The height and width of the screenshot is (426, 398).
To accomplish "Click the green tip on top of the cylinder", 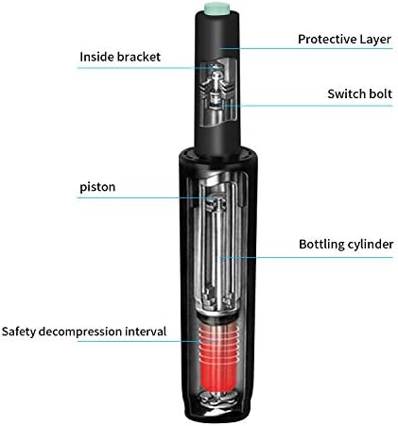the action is (x=220, y=8).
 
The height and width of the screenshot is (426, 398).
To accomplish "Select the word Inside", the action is (x=96, y=57).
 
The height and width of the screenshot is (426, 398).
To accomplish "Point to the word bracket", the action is (x=139, y=57).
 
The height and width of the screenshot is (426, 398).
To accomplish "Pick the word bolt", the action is (x=380, y=94).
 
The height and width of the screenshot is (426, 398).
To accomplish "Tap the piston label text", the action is (x=97, y=187).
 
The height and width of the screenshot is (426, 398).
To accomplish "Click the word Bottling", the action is (x=321, y=245).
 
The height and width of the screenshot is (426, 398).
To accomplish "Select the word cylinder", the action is (x=370, y=245).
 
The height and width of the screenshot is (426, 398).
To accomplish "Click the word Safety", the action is (x=19, y=332).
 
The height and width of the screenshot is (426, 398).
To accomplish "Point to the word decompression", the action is (x=80, y=332).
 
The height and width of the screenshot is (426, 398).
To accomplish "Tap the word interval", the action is (x=146, y=332).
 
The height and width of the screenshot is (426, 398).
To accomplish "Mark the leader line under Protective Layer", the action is (x=305, y=48).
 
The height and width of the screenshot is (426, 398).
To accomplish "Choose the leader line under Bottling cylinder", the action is (x=306, y=258).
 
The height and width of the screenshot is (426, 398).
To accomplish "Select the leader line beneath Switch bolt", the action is (x=308, y=106).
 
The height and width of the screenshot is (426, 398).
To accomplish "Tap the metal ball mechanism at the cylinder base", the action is (x=218, y=399).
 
